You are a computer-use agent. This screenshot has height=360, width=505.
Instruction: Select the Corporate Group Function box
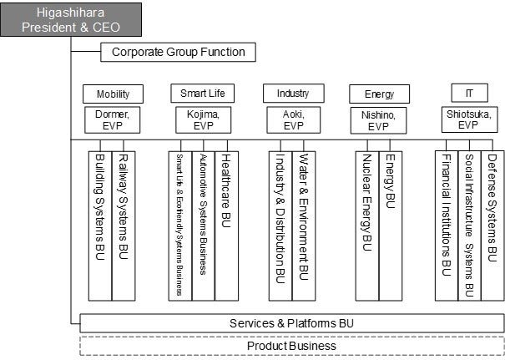click(178, 53)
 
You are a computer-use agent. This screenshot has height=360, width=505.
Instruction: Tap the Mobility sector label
click(113, 94)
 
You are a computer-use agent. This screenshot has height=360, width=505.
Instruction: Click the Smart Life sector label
click(202, 93)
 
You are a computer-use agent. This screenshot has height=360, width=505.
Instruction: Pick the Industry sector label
click(293, 93)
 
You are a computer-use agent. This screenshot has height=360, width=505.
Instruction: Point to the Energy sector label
click(380, 94)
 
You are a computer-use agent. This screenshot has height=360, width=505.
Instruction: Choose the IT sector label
click(469, 93)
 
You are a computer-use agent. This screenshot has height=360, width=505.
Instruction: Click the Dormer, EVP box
click(113, 119)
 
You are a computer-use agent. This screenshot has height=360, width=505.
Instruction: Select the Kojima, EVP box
click(203, 119)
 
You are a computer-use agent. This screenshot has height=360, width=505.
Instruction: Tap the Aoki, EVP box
click(293, 119)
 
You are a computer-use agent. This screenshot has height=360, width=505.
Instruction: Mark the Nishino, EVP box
click(380, 119)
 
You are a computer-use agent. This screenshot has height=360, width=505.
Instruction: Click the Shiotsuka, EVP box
click(469, 119)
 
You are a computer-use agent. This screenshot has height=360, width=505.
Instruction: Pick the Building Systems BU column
click(99, 226)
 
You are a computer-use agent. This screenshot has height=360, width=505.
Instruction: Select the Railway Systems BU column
click(123, 226)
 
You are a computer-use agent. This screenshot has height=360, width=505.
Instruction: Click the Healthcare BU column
click(226, 226)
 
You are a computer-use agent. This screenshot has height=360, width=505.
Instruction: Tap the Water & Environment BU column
click(304, 226)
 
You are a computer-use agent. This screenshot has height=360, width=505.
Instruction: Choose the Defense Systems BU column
click(492, 226)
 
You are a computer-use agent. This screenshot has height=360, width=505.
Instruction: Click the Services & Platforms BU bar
click(292, 323)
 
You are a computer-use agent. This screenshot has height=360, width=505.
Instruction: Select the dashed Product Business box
click(292, 346)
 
